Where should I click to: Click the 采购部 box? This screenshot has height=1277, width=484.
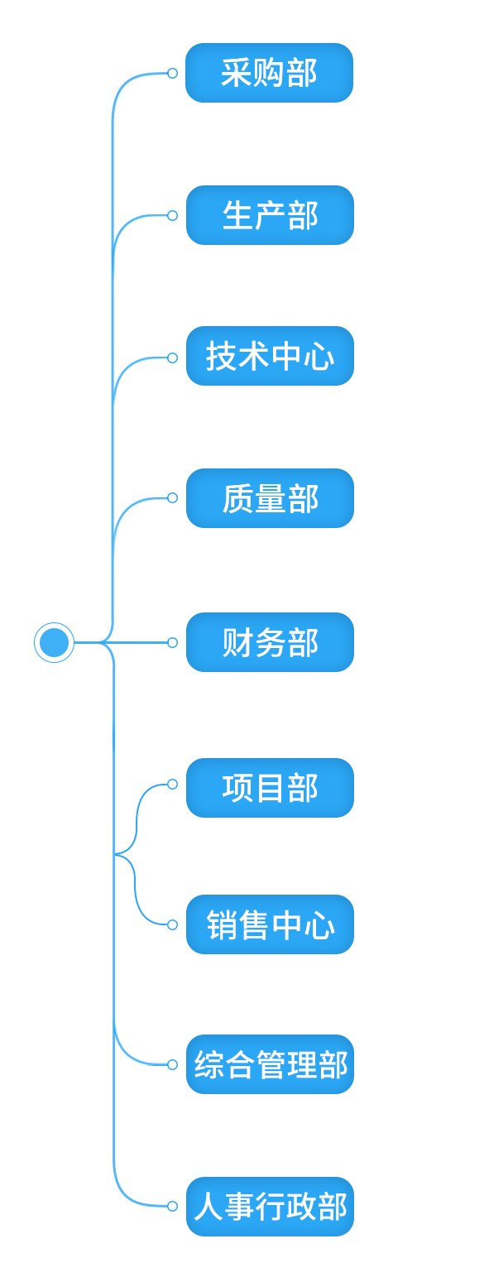(x=269, y=73)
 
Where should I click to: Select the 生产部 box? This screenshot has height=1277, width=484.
(x=270, y=215)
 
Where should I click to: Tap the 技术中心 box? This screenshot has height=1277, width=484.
(x=270, y=357)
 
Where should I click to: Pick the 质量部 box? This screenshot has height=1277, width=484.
(x=270, y=498)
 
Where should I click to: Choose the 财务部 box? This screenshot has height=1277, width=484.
(x=270, y=642)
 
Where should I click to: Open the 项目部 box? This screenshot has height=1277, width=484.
(x=270, y=788)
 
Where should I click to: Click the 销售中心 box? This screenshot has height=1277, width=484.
(x=270, y=924)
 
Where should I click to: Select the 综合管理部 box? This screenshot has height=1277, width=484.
(x=270, y=1064)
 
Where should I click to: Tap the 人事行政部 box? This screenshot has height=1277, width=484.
(x=270, y=1207)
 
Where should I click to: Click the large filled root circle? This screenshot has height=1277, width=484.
(x=54, y=642)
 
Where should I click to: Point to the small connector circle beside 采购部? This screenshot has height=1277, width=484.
(x=172, y=73)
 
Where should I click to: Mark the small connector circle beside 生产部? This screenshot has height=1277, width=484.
(x=172, y=215)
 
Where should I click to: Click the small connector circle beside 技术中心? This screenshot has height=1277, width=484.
(x=172, y=358)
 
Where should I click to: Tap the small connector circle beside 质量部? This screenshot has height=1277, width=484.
(x=172, y=498)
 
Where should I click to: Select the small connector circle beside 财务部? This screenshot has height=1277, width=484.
(x=172, y=642)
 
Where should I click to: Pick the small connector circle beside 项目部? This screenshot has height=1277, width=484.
(x=172, y=785)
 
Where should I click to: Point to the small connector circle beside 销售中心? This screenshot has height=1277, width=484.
(x=172, y=924)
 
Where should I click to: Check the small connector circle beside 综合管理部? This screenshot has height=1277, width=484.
(x=172, y=1064)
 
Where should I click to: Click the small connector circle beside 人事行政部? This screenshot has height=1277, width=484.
(x=172, y=1207)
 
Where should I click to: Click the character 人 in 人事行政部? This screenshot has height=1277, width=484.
(x=208, y=1207)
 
